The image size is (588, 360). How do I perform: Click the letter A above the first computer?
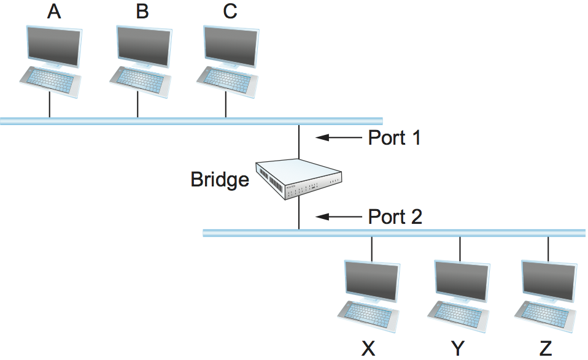[x=55, y=12]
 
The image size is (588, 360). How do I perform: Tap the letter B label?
[x=142, y=12]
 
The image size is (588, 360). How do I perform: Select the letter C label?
[x=230, y=12]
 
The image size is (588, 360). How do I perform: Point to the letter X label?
[x=368, y=349]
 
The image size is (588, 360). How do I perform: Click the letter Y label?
[x=457, y=349]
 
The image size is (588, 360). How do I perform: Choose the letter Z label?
[x=546, y=349]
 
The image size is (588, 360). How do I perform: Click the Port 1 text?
[x=395, y=138]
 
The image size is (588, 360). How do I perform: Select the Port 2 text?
[x=395, y=216]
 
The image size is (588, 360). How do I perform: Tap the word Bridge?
[x=220, y=180]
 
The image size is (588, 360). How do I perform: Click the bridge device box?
[x=298, y=178]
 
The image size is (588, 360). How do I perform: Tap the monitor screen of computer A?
[x=54, y=45]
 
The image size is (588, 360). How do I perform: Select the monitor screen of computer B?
[x=142, y=45]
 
